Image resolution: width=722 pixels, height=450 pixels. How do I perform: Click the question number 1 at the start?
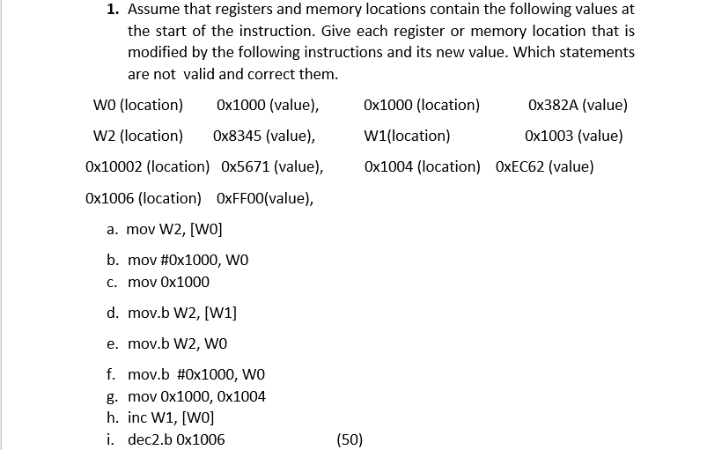113,10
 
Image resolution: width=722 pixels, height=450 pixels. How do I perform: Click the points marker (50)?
350,439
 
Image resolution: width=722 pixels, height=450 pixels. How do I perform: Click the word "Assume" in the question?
153,10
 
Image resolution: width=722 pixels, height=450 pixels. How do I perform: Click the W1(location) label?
407,136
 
